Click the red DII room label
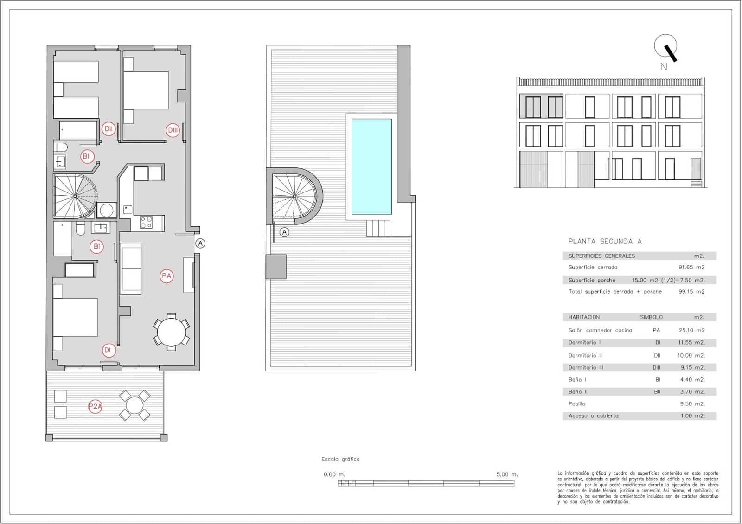coord(109,129)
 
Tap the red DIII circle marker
coord(173,130)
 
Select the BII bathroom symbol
coord(87,156)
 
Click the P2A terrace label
coord(95,407)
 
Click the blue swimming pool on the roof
coord(371,166)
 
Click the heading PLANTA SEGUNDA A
coord(605,241)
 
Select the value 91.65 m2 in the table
coord(691,268)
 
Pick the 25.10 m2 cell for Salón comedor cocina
coord(691,331)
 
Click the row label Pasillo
coord(577,404)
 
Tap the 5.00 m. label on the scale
coord(507,474)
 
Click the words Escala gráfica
coord(340,459)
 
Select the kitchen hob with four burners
coord(146,223)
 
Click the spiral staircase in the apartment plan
coord(74,196)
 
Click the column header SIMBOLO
coord(651,318)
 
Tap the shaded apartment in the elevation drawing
coord(541,107)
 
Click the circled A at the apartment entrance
coord(200,243)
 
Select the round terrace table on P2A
coord(134,405)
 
